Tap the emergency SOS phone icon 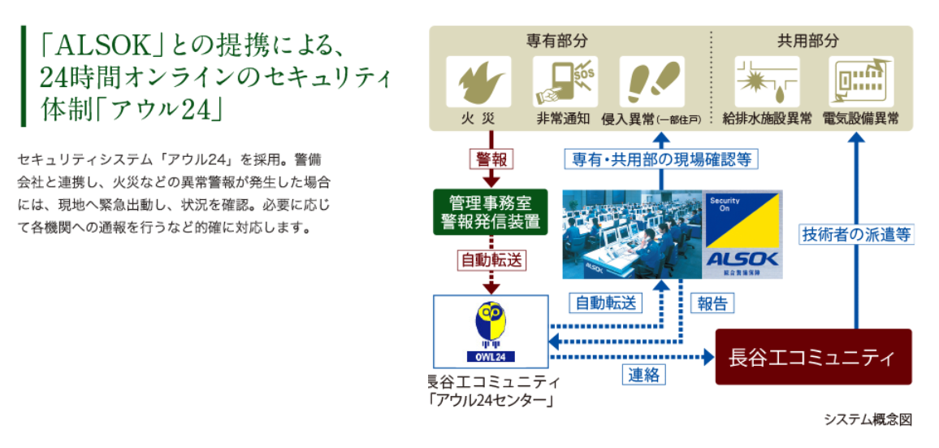565,82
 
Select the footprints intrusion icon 650,82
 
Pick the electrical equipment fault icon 860,82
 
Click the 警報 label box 491,158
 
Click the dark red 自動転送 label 491,260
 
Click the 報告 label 712,303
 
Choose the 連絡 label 643,375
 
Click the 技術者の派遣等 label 856,234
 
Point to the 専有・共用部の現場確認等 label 660,159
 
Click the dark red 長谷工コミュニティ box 813,357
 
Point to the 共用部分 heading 813,41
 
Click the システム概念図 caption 868,420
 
